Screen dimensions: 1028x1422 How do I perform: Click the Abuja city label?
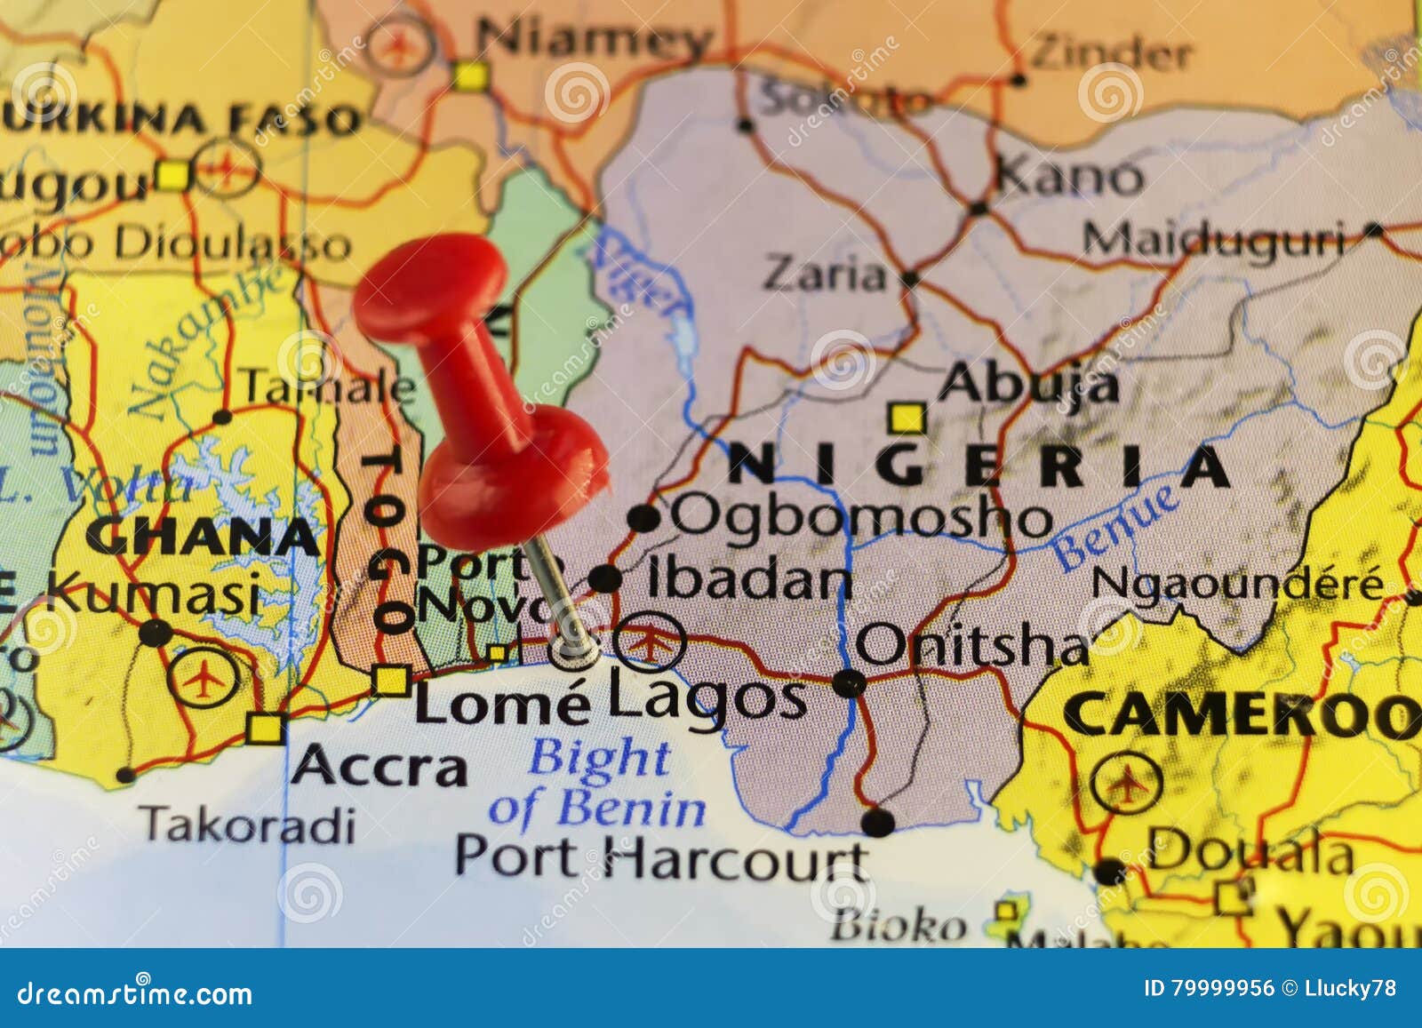tap(1028, 385)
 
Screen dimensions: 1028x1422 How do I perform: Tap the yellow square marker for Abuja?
tap(907, 418)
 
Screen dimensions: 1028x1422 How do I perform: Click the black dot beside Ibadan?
tap(605, 578)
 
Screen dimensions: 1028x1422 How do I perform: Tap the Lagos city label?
tap(707, 697)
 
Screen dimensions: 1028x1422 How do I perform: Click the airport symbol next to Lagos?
tap(650, 641)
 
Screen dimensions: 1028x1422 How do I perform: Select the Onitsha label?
tap(971, 646)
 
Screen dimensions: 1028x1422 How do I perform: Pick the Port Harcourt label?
tap(661, 857)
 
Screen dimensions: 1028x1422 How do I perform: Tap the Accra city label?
tap(379, 767)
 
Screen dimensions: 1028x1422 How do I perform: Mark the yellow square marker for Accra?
tap(265, 729)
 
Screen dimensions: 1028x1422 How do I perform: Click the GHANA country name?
tap(203, 537)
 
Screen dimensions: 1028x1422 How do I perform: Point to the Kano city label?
tap(1069, 175)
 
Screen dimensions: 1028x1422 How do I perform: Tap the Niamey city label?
tap(594, 40)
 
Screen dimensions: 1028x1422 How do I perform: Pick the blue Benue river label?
tap(1116, 528)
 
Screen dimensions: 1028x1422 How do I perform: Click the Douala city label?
tap(1250, 854)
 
